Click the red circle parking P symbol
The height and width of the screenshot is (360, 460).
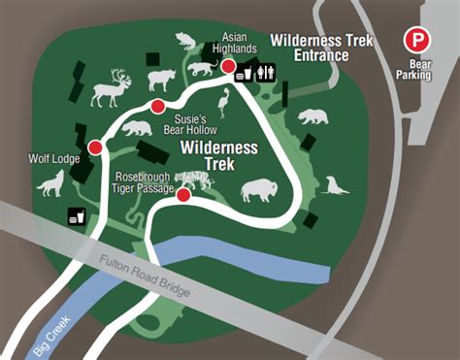pos(416,41)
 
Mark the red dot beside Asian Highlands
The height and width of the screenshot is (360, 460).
pos(229,66)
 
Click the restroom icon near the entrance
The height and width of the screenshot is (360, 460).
pos(268,71)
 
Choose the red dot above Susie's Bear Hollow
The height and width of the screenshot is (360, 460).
pos(157,106)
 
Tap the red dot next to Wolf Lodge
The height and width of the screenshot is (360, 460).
pos(95,147)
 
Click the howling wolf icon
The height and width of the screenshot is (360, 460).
pos(50,181)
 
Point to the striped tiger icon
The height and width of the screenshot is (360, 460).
pos(195,179)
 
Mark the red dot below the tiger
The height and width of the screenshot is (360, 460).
pos(183,194)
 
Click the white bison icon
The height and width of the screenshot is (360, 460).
pos(259,189)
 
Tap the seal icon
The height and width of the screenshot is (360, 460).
pos(336,186)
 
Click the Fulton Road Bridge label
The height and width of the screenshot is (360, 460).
pos(145,276)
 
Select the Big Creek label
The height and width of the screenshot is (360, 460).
pos(49,330)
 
